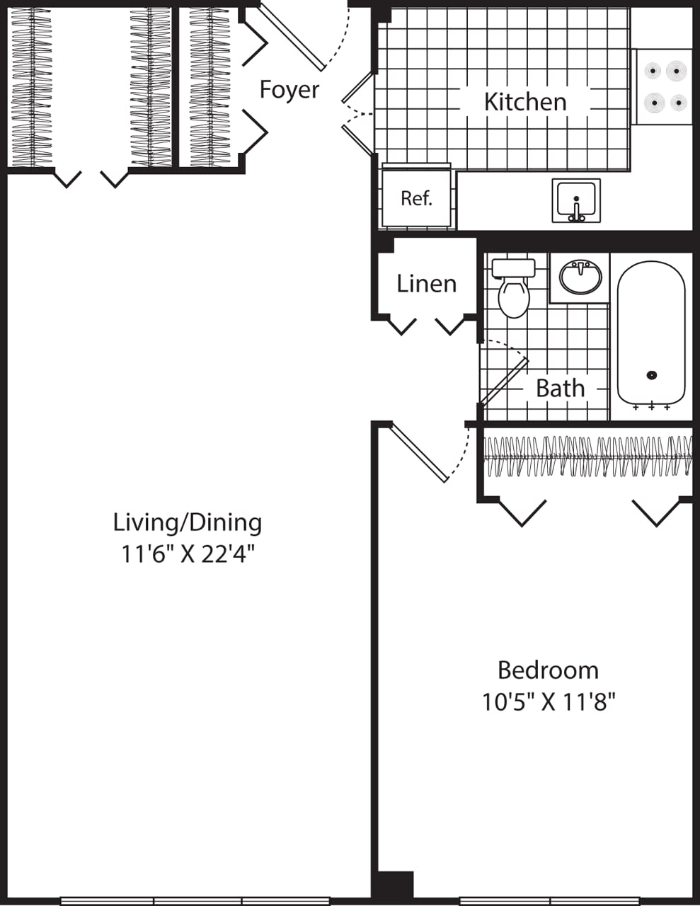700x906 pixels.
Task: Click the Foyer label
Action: point(289,90)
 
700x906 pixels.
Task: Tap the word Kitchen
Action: point(525,102)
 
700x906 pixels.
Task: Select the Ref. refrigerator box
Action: point(416,198)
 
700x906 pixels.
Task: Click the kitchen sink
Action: point(576,200)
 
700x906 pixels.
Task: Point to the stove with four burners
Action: point(663,87)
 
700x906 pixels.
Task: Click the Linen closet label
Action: point(426,284)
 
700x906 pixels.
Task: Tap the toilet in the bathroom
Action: point(514,289)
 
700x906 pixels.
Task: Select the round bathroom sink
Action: point(580,277)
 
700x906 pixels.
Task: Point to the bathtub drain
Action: point(652,375)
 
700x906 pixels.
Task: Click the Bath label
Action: point(560,389)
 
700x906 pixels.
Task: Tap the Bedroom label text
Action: point(548,670)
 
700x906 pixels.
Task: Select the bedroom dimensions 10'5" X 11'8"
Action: point(549,702)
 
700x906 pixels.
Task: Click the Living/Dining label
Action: point(188,522)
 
